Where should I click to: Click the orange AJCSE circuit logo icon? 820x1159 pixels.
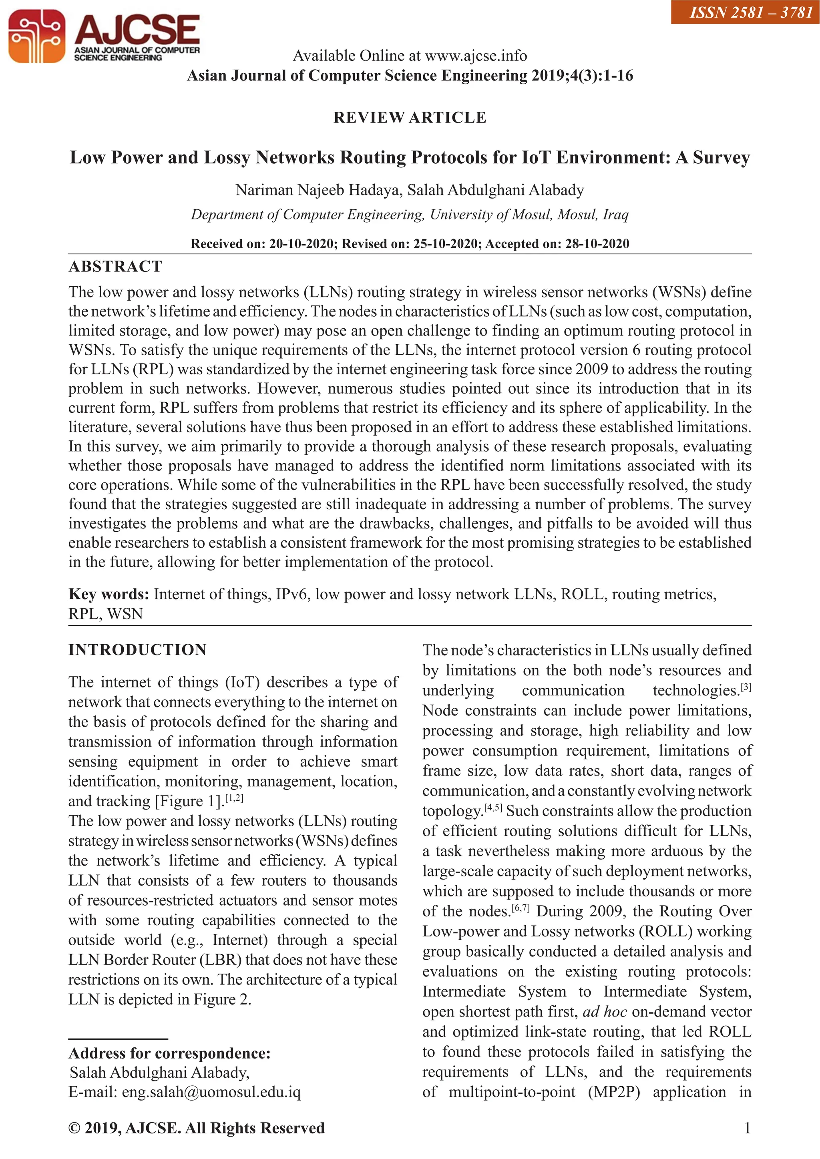36,37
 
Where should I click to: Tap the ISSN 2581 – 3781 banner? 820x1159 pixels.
744,12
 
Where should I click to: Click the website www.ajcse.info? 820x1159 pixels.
476,56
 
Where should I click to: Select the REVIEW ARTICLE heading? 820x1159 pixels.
410,118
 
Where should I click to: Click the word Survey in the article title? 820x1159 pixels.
721,157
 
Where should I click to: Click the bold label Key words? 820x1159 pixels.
109,594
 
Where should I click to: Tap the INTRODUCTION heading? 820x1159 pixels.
137,650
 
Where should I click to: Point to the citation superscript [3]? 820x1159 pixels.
746,687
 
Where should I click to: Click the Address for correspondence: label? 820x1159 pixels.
170,1053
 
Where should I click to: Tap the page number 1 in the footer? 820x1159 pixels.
747,1128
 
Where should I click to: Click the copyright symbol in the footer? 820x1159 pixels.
74,1128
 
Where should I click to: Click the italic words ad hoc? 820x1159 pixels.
605,1012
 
